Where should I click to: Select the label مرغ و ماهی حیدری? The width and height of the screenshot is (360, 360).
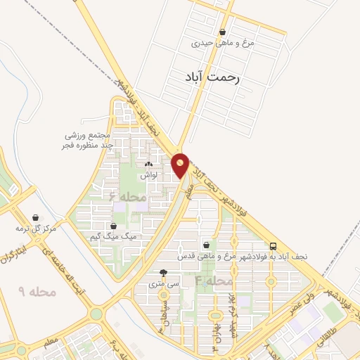(223, 43)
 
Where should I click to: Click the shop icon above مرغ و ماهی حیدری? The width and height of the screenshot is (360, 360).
(223, 32)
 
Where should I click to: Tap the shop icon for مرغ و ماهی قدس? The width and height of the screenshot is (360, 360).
(205, 245)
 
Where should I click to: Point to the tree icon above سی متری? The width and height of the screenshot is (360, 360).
(164, 274)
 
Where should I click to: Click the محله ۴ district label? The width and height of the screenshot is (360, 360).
(214, 281)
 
